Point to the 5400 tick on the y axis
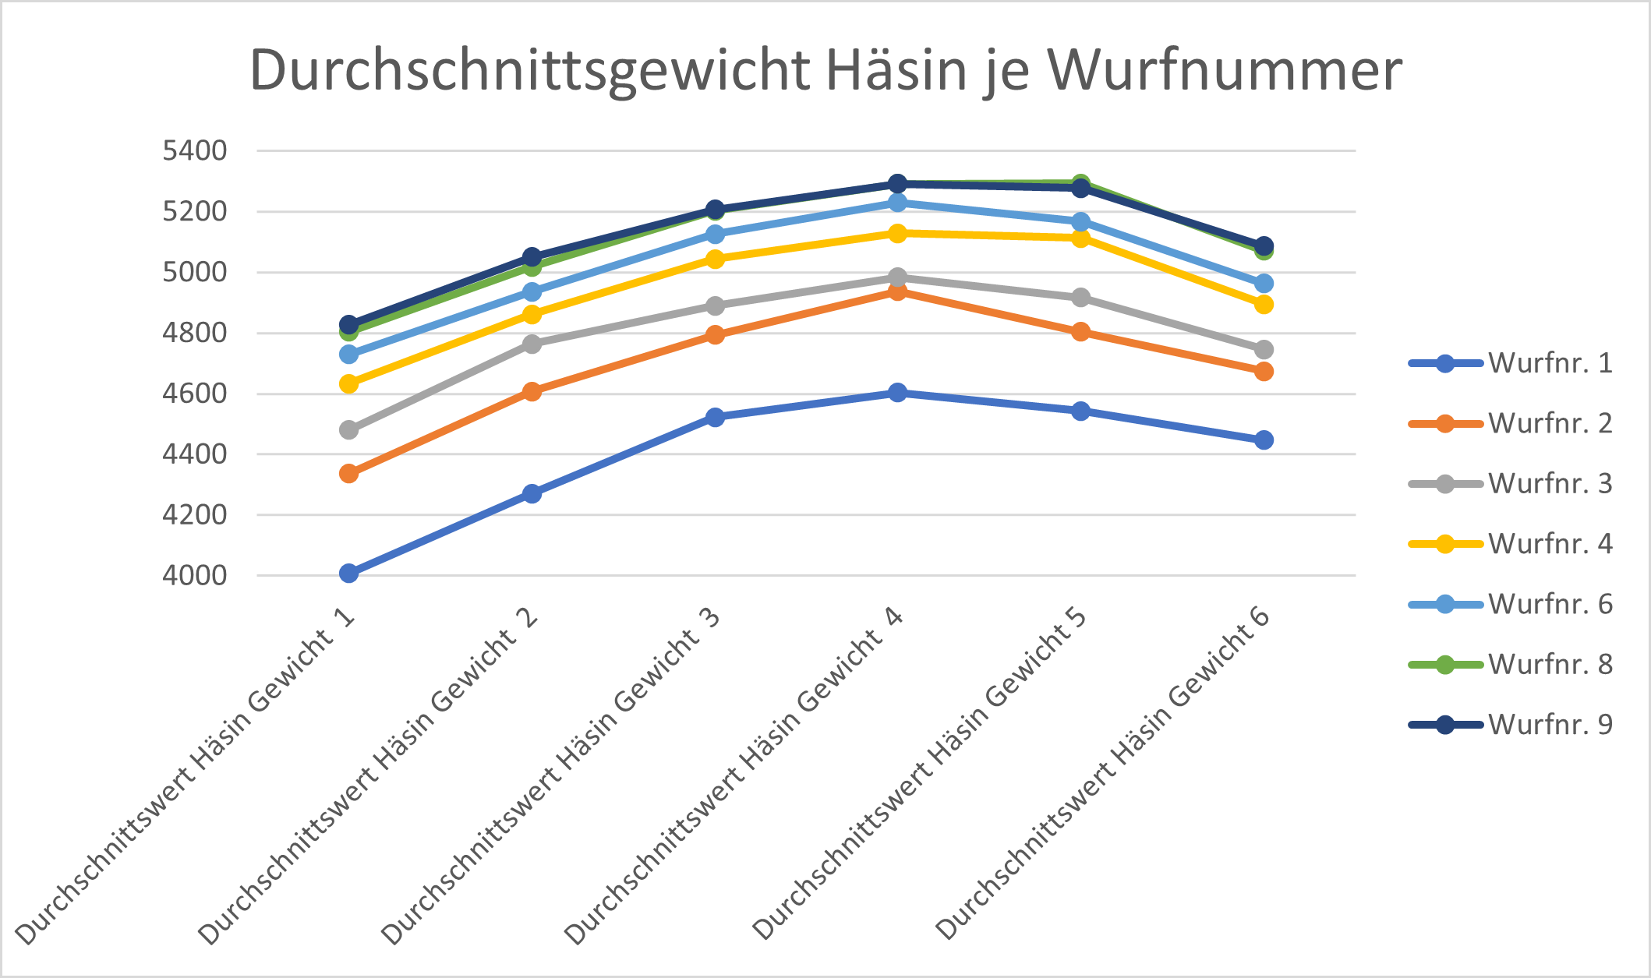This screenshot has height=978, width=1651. point(194,150)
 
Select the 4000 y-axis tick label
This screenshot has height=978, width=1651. point(194,576)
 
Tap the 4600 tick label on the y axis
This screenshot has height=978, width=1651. point(194,394)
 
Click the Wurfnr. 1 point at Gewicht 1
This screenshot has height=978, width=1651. point(349,574)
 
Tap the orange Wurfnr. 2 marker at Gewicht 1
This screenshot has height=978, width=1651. point(349,473)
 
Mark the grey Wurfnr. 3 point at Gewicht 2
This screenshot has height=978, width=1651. point(532,344)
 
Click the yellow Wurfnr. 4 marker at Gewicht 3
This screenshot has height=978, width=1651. point(715,259)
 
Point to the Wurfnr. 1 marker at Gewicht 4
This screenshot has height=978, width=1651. point(898,392)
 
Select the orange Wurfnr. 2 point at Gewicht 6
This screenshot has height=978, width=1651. point(1264,371)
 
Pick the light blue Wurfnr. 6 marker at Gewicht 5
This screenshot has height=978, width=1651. point(1080,222)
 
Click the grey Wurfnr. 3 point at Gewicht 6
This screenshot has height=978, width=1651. point(1264,349)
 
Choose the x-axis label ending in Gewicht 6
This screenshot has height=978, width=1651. point(1103,775)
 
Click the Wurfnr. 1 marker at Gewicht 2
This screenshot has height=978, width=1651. point(532,493)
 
